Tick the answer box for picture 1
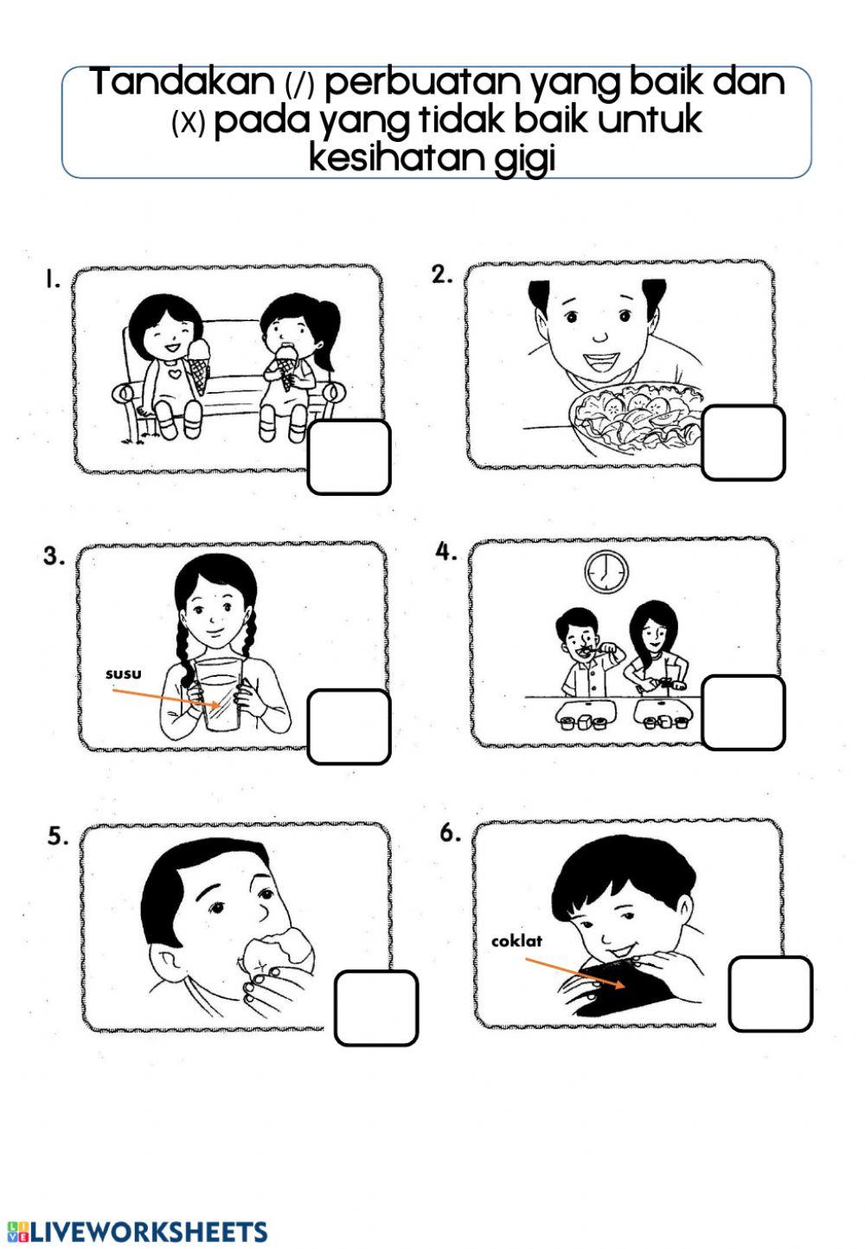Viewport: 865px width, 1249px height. (349, 457)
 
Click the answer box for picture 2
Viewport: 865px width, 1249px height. (743, 442)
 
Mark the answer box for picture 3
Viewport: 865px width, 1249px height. (349, 727)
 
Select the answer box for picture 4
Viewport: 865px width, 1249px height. (743, 712)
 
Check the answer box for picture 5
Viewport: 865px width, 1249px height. (375, 1008)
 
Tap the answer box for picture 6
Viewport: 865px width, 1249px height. (770, 994)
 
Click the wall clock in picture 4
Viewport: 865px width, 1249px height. (606, 570)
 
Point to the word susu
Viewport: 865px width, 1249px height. (123, 673)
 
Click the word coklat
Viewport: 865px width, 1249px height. (517, 940)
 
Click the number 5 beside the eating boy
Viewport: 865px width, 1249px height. (57, 836)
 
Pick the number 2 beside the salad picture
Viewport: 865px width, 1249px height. (442, 275)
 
